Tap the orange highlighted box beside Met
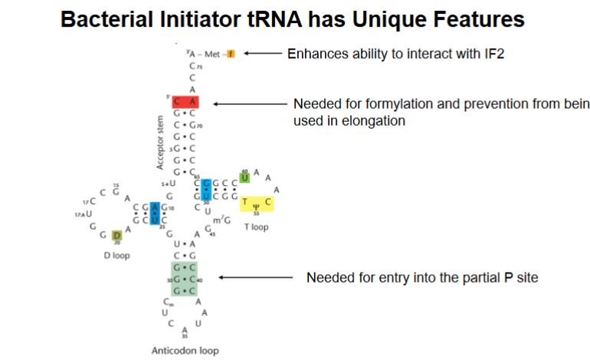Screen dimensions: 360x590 [230, 54]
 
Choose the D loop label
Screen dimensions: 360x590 [117, 256]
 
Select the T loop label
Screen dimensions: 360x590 [257, 227]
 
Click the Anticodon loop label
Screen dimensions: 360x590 [185, 351]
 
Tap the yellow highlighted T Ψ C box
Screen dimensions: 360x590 [257, 203]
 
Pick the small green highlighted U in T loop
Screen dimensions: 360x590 [245, 178]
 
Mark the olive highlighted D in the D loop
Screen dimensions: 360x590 [116, 235]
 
